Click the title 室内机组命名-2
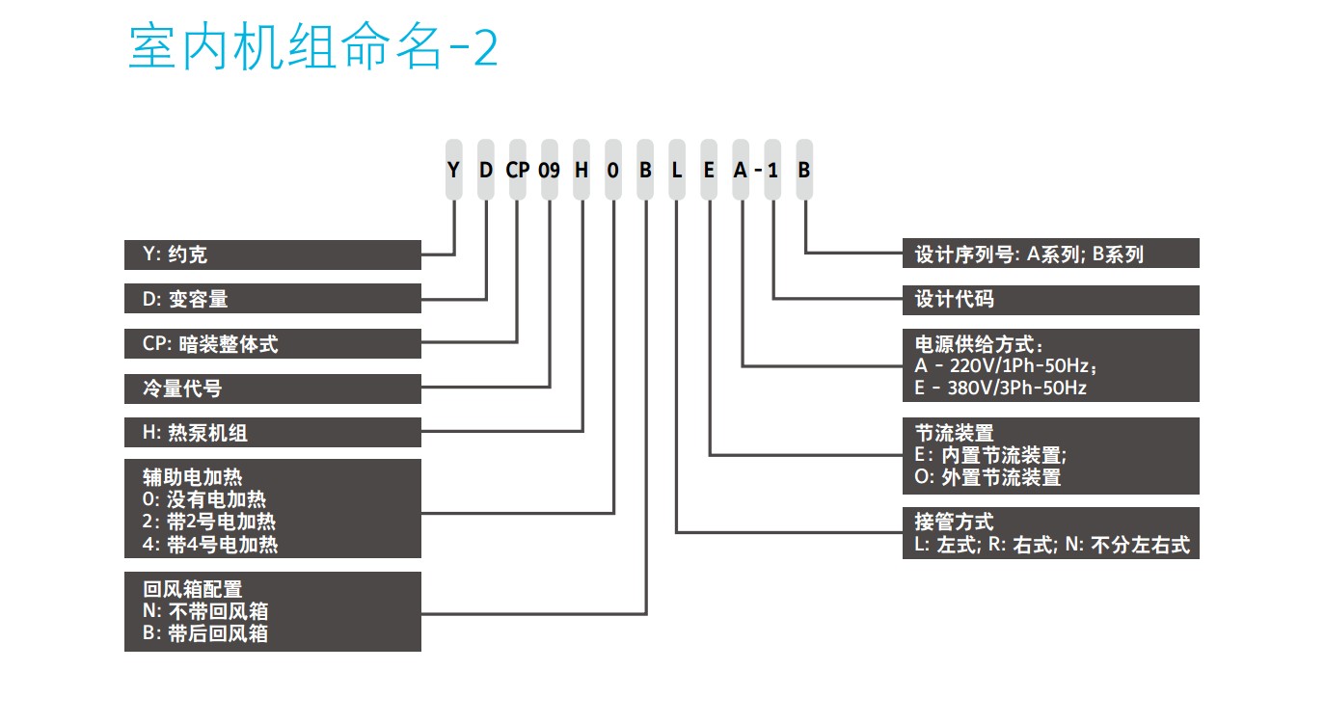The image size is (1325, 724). click(x=313, y=46)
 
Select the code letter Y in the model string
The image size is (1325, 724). click(x=453, y=171)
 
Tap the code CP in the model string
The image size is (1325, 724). click(x=518, y=171)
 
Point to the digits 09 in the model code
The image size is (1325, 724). click(x=549, y=171)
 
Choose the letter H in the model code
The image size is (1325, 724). click(x=581, y=171)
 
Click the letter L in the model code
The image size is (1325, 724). click(x=677, y=171)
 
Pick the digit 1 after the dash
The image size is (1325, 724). click(x=772, y=171)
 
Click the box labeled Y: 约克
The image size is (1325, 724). click(x=273, y=255)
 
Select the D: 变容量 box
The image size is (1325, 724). click(x=273, y=298)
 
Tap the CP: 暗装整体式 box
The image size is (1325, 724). click(x=273, y=343)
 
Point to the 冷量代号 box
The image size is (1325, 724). click(x=273, y=389)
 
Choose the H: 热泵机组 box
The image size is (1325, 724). click(x=273, y=433)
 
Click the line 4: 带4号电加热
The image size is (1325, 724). click(x=210, y=544)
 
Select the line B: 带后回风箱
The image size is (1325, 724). click(x=205, y=633)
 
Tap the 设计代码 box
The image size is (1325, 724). click(x=1050, y=300)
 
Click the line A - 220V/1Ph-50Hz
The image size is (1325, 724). click(x=1006, y=365)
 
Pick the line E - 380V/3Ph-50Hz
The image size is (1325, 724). click(x=1000, y=388)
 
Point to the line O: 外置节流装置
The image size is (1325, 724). click(x=987, y=477)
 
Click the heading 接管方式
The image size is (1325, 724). click(x=954, y=522)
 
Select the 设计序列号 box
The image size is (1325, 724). click(x=1050, y=254)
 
